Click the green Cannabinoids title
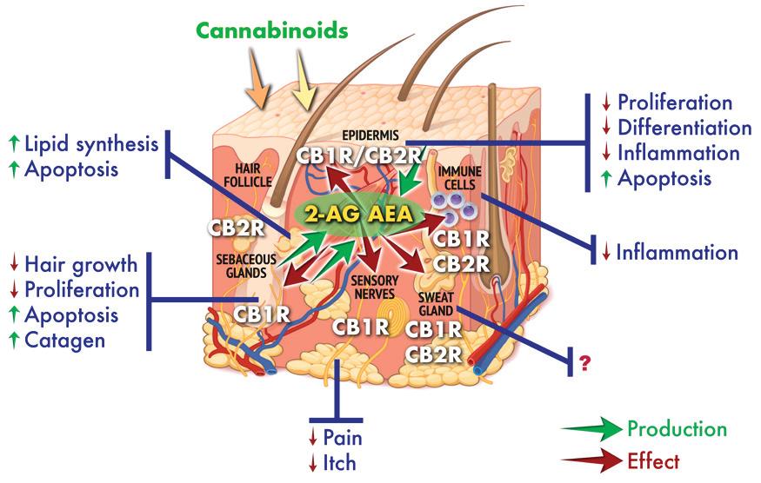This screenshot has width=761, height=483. (x=272, y=31)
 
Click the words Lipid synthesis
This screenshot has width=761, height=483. (x=91, y=142)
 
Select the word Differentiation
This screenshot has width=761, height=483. (x=684, y=128)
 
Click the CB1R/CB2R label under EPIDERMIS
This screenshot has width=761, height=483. (x=360, y=156)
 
